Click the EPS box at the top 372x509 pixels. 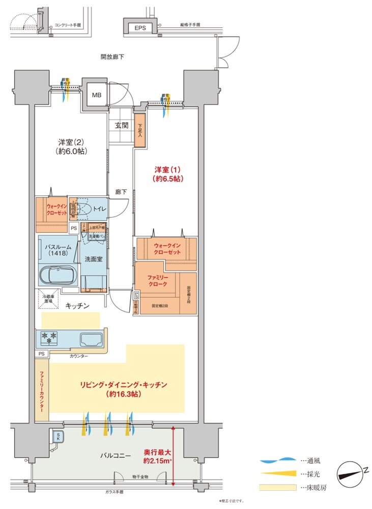tap(140, 28)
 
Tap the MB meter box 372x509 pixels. tap(96, 95)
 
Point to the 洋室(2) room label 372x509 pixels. tap(70, 147)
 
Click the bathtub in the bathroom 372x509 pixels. tap(58, 276)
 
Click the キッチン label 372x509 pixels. tap(77, 306)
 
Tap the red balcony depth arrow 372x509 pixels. tap(174, 455)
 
